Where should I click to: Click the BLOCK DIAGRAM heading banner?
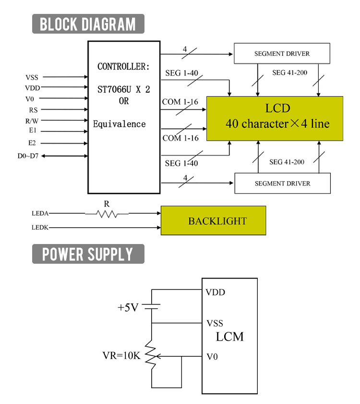[88, 24]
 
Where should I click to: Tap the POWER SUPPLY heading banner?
[88, 254]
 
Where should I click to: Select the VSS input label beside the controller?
[32, 77]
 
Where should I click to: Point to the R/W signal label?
[32, 121]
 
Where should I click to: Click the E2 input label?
[32, 143]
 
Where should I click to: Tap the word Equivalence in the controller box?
[119, 124]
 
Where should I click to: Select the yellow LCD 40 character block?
[275, 118]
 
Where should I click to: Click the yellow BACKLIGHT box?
[213, 221]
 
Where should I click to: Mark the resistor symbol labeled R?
[107, 213]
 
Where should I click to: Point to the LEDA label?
[40, 213]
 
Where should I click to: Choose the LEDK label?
[40, 227]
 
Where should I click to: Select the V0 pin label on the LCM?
[212, 357]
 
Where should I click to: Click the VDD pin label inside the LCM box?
[215, 292]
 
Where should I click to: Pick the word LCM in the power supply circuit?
[229, 337]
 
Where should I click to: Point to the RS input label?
[33, 110]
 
